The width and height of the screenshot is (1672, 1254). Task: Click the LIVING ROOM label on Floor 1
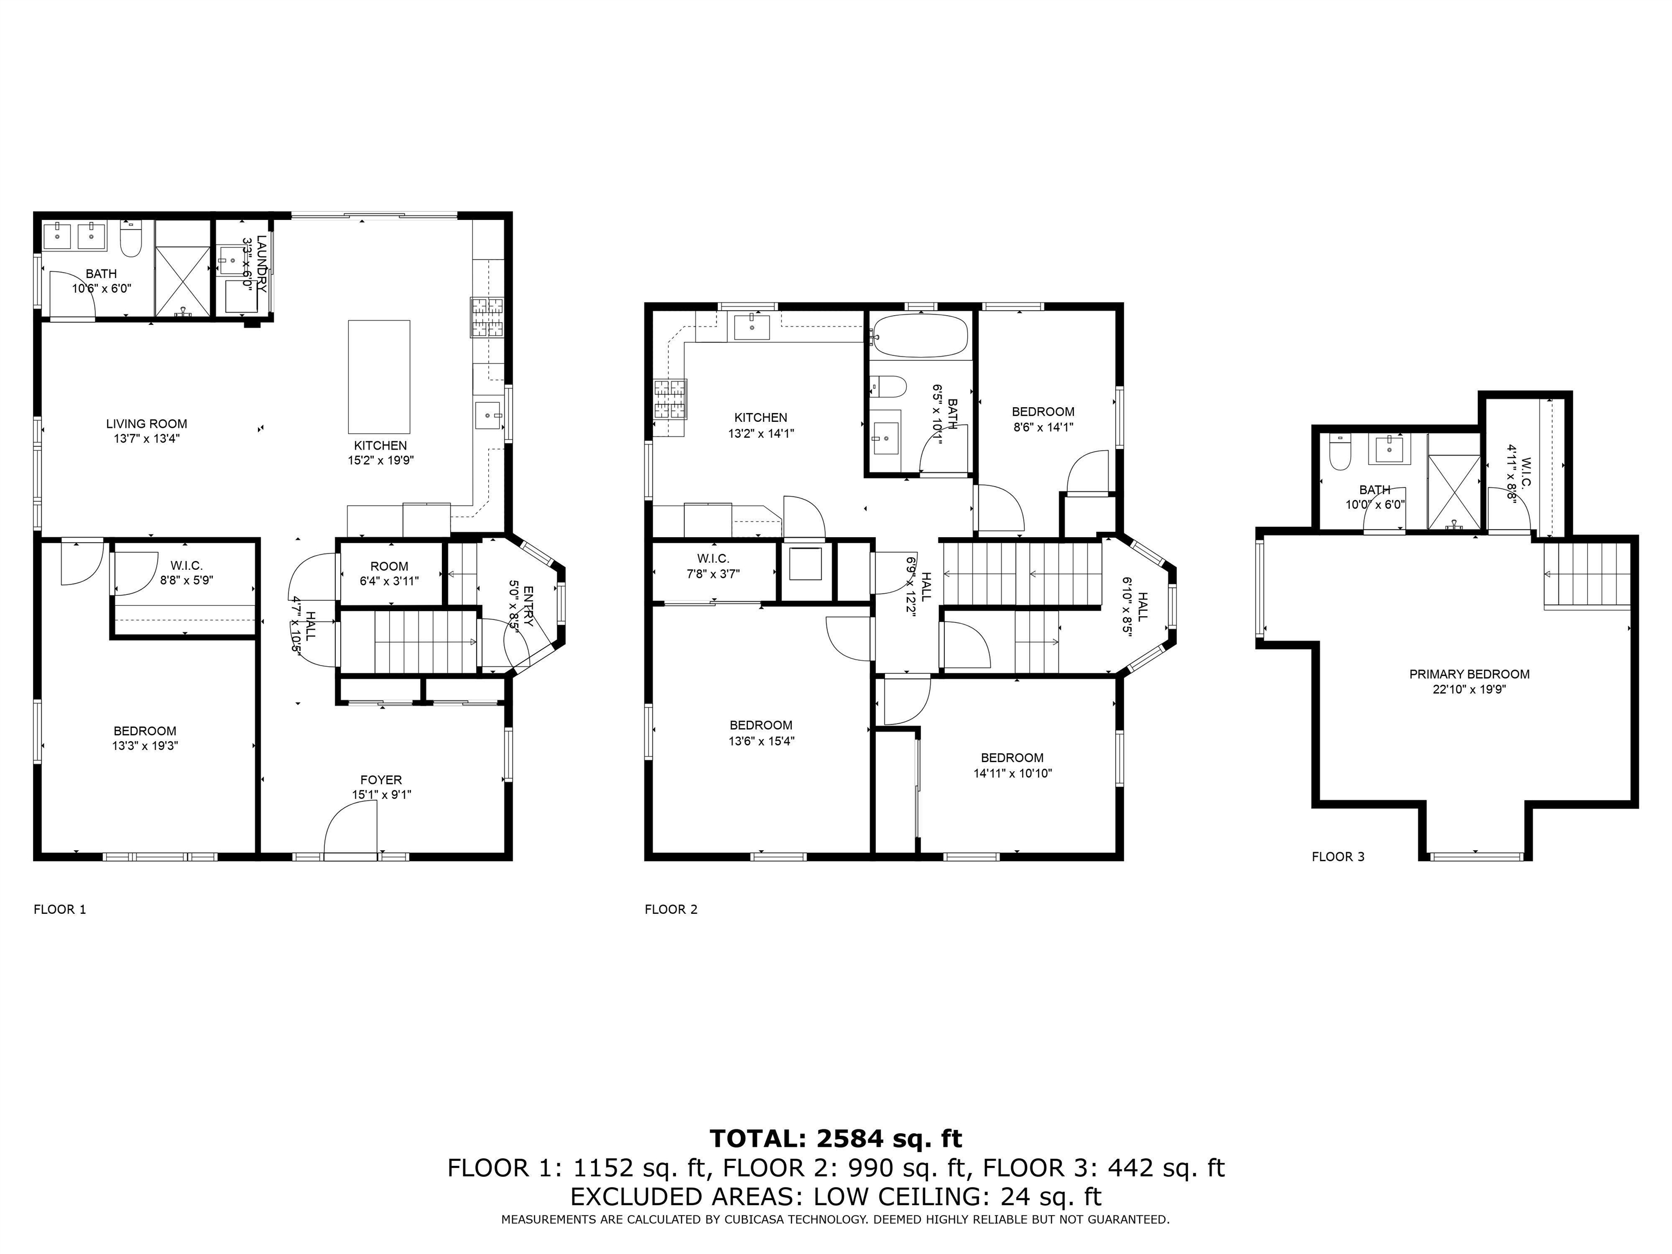click(146, 424)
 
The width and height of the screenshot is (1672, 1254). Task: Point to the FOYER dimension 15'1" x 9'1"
click(381, 795)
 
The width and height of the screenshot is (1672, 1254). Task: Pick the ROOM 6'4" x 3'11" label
click(389, 573)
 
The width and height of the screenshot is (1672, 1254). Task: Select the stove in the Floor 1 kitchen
click(488, 317)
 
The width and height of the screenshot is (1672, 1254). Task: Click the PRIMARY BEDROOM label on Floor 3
click(1468, 674)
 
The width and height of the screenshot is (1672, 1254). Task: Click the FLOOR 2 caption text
click(671, 909)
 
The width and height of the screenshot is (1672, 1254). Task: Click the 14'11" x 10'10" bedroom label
click(1012, 765)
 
